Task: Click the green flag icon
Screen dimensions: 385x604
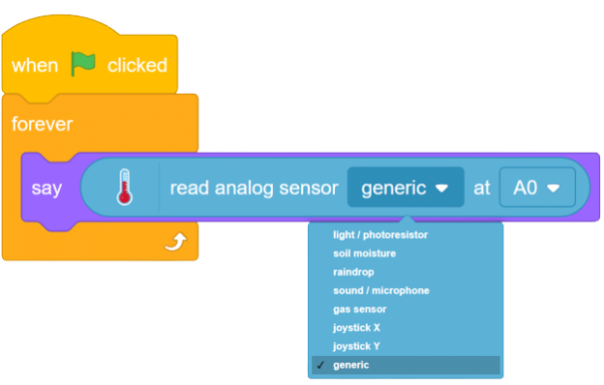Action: (84, 65)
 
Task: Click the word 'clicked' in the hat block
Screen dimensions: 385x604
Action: (136, 66)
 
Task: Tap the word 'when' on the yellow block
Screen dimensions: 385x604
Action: (35, 66)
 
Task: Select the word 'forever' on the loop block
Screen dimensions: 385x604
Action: (42, 125)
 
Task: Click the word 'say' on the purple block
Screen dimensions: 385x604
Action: (46, 188)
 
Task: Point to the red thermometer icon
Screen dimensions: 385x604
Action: (123, 187)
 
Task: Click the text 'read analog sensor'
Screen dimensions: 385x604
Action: (254, 188)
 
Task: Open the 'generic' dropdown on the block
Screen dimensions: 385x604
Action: (405, 188)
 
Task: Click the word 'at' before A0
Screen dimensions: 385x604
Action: (481, 188)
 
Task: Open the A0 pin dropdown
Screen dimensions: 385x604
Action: (536, 188)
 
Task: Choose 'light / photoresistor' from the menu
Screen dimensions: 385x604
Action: (380, 235)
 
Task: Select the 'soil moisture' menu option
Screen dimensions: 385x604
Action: (364, 253)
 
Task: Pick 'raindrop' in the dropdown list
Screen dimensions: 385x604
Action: (353, 272)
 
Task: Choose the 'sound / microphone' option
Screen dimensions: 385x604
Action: (380, 290)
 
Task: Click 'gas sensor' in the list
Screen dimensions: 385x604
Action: (359, 309)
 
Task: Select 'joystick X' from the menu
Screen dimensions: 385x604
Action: (356, 327)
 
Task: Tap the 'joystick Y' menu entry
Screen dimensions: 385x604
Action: (356, 345)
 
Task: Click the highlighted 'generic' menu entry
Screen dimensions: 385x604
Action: (350, 365)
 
